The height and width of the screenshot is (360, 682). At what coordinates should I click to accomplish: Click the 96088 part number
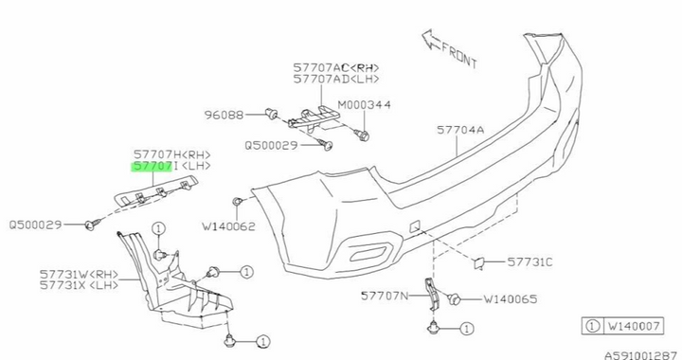pos(224,116)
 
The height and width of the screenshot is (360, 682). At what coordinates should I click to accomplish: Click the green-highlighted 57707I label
pos(153,167)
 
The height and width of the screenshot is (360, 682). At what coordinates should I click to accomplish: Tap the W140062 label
pos(229,226)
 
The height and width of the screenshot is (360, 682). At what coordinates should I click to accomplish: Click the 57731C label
pos(529,261)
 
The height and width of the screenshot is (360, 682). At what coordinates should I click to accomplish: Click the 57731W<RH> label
pos(79,271)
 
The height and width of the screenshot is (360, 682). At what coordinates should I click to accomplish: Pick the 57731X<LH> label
pos(79,283)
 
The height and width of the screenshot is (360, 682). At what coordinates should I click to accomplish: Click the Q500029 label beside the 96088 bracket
pos(272,146)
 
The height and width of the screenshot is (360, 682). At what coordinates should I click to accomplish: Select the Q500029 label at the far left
pos(35,225)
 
